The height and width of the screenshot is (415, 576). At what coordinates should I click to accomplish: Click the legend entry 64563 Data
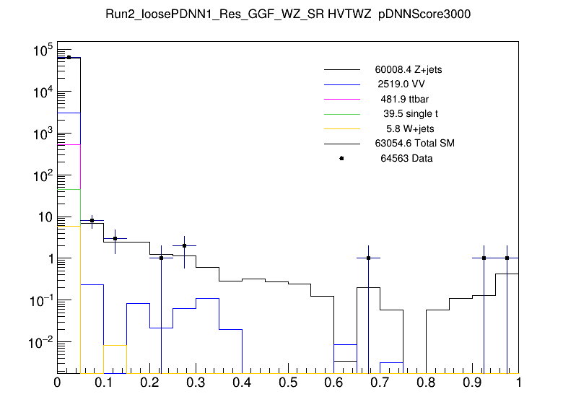406,158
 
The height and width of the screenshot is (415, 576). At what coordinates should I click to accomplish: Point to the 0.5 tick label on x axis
288,382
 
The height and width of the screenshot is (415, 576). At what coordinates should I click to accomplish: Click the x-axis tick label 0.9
473,382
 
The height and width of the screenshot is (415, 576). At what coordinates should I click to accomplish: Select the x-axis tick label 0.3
196,382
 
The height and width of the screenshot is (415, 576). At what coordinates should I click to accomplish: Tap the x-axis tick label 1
518,382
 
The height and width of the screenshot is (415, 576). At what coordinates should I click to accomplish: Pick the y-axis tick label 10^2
40,175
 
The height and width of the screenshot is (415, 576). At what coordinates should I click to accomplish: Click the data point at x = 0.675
368,258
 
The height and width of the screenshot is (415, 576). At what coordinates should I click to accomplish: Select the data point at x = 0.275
184,245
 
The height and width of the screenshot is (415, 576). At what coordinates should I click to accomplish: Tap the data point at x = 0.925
484,258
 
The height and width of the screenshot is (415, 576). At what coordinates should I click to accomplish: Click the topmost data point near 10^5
69,57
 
